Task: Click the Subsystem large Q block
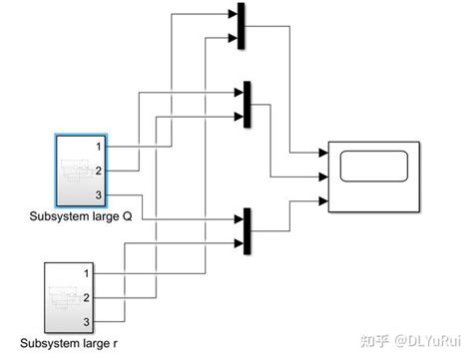coord(82,170)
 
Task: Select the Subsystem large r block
coord(71,296)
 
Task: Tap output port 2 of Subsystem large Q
coord(99,171)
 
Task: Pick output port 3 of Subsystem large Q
coord(99,194)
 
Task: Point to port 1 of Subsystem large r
coord(88,273)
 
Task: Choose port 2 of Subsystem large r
coord(88,296)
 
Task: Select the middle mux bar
coord(246,103)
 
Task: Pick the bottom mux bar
coord(244,228)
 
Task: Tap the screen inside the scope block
coord(373,166)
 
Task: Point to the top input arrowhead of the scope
coord(322,155)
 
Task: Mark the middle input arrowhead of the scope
coord(322,178)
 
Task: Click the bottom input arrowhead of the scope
coord(322,200)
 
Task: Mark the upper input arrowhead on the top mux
coord(234,15)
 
